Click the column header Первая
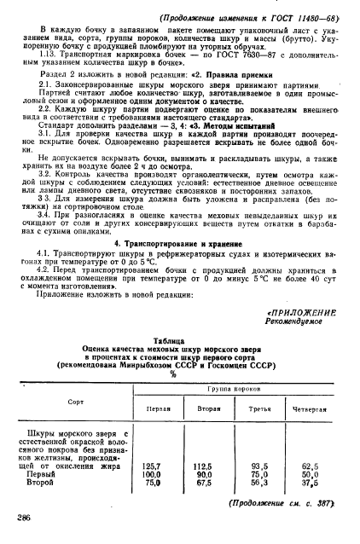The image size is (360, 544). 158,408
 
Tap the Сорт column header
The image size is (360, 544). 76,399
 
